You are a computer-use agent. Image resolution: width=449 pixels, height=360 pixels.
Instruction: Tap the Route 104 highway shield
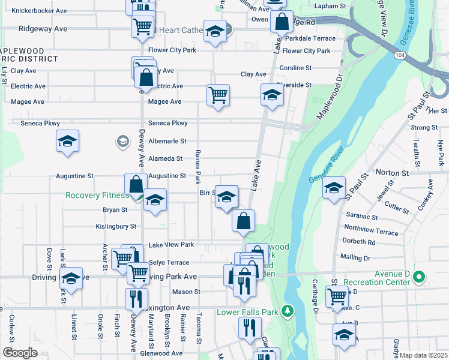click(x=398, y=55)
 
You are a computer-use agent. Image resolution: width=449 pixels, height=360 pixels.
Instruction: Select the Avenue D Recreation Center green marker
click(x=419, y=277)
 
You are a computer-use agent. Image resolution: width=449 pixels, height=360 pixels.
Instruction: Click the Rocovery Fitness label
click(x=97, y=195)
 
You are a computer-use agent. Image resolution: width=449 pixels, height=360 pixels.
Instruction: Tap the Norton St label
click(x=391, y=172)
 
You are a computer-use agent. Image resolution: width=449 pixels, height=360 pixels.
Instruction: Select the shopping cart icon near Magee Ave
click(x=217, y=94)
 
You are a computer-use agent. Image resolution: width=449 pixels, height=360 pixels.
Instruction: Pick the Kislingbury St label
click(x=116, y=227)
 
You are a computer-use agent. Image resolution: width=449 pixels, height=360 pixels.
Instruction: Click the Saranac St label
click(x=361, y=217)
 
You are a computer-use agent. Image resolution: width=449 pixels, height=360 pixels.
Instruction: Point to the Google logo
click(x=20, y=353)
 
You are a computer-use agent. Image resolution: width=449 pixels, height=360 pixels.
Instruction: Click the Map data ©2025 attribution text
click(x=423, y=355)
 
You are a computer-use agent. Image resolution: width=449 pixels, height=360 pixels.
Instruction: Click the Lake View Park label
click(x=171, y=245)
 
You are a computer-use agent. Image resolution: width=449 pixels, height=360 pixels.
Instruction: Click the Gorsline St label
click(x=295, y=68)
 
